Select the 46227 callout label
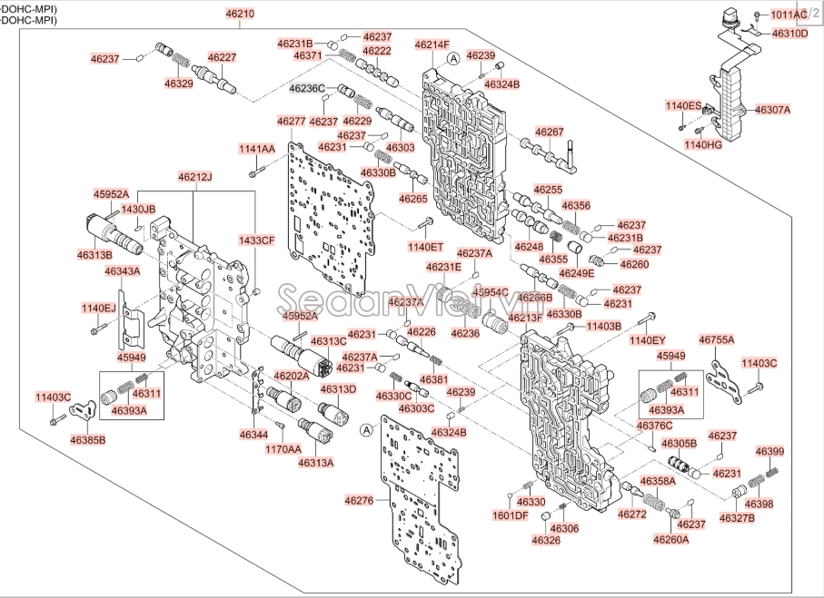pyautogui.click(x=222, y=56)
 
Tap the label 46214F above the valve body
pyautogui.click(x=432, y=44)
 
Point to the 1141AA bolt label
pyautogui.click(x=257, y=148)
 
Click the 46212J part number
pyautogui.click(x=194, y=176)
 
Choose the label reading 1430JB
pyautogui.click(x=139, y=210)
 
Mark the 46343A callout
pyautogui.click(x=122, y=271)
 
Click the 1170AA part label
pyautogui.click(x=283, y=448)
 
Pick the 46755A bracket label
pyautogui.click(x=716, y=339)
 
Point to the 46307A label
pyautogui.click(x=773, y=110)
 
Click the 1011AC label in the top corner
pyautogui.click(x=789, y=15)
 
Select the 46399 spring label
pyautogui.click(x=769, y=451)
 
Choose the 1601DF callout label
pyautogui.click(x=510, y=515)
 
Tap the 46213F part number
pyautogui.click(x=524, y=318)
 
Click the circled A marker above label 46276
pyautogui.click(x=365, y=429)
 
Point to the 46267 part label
pyautogui.click(x=549, y=132)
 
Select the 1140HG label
pyautogui.click(x=702, y=144)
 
